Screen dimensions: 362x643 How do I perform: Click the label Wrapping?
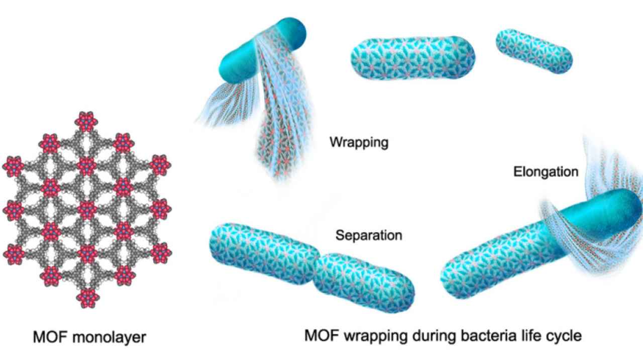359,142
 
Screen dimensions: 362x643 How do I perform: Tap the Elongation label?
546,172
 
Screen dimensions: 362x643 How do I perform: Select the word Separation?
369,235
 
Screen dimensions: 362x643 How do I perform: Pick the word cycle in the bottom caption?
561,335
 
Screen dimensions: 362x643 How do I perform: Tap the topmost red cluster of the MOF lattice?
87,120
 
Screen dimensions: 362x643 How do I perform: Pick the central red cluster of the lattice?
87,209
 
